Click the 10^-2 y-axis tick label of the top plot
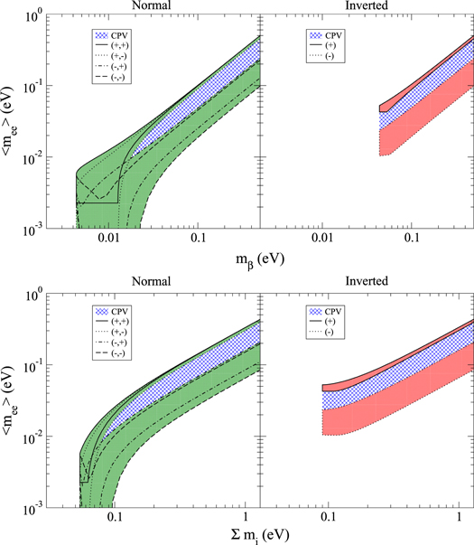pyautogui.click(x=33, y=159)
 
